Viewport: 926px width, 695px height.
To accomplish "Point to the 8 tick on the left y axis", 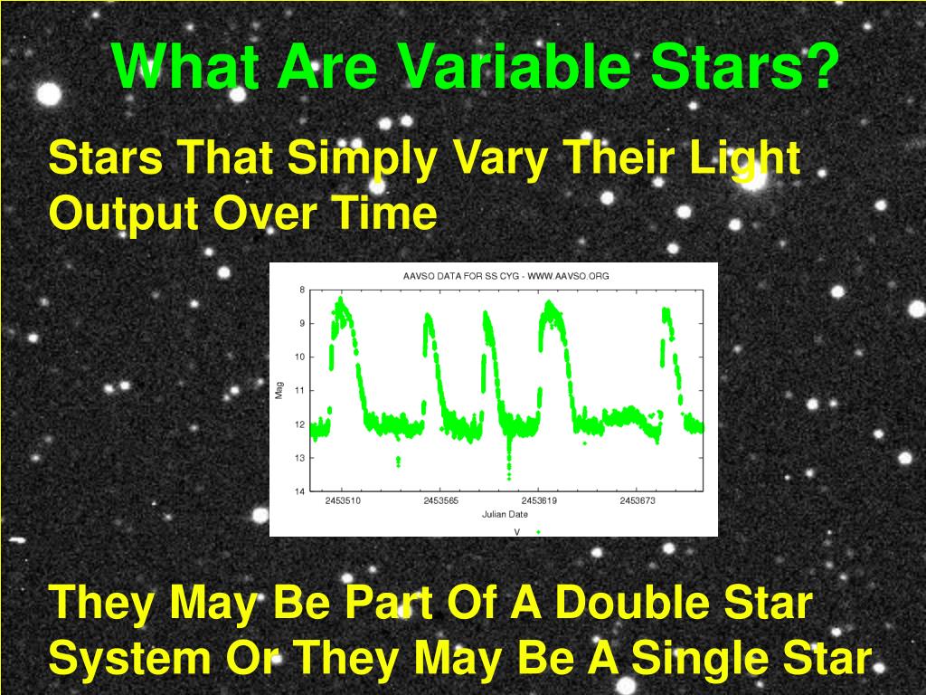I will [300, 290].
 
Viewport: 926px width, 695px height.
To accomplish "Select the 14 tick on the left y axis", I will [298, 491].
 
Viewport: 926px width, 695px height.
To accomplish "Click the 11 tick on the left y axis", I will [298, 390].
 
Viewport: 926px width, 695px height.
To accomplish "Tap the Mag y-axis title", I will [279, 391].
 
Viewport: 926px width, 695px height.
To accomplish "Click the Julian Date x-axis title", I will [506, 515].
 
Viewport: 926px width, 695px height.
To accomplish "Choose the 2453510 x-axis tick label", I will [343, 500].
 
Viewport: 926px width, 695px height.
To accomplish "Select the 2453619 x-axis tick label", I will [539, 500].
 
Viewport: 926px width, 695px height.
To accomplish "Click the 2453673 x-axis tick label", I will [638, 500].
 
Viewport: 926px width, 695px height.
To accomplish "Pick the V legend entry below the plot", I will [517, 531].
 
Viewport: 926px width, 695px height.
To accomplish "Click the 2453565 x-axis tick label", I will [441, 500].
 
